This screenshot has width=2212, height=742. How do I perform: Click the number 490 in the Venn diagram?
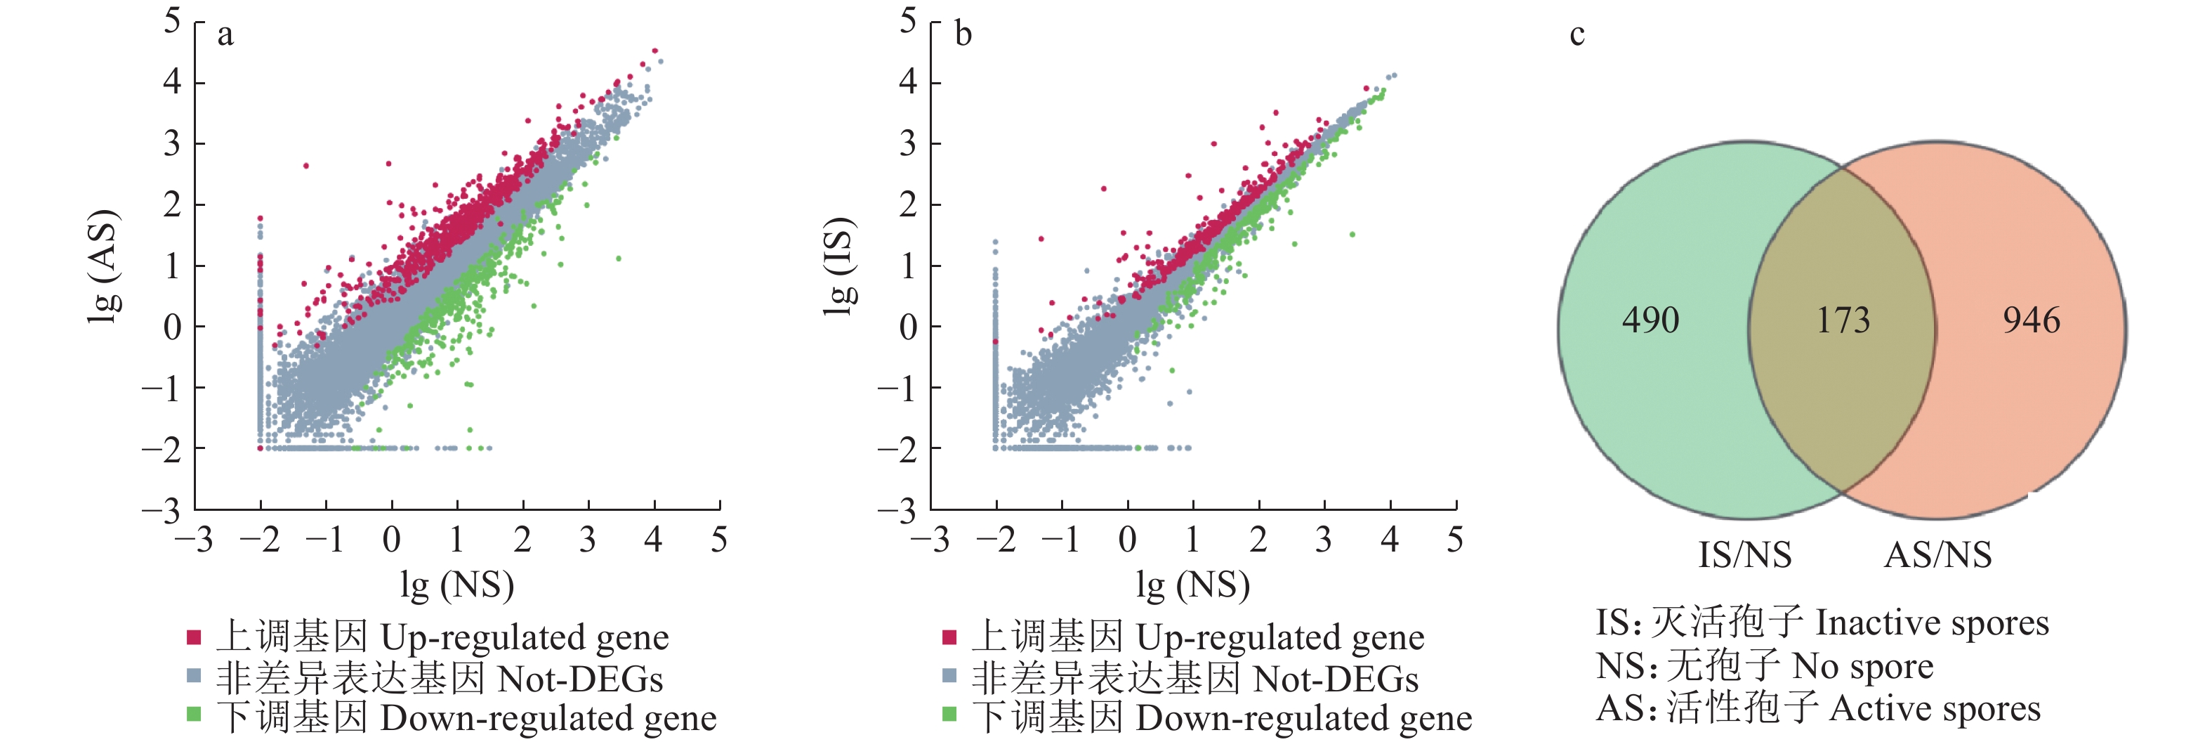coord(1650,320)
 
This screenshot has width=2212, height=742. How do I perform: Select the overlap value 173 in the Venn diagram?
coord(1843,320)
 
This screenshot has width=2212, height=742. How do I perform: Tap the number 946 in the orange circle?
coord(2031,320)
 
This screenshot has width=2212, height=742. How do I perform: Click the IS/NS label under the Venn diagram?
coord(1745,555)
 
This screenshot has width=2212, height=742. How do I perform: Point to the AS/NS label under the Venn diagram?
coord(1938,555)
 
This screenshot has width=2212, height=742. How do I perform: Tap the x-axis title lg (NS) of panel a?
coord(457,585)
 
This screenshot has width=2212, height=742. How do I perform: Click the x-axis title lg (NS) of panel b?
coord(1193,585)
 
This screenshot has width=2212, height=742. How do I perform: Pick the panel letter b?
coord(963,35)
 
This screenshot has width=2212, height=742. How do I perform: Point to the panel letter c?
coord(1576,35)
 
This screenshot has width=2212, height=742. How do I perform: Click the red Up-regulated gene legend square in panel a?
coord(194,637)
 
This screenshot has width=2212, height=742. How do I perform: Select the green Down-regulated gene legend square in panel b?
coord(949,715)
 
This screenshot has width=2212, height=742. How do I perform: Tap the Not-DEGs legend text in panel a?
coord(581,679)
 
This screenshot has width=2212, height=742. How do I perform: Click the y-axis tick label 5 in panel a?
coord(173,20)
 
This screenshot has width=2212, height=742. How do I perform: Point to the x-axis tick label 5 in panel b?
coord(1454,540)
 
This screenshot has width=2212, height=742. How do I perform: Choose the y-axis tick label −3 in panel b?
coord(897,512)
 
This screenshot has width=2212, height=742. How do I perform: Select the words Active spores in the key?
coord(1935,710)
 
